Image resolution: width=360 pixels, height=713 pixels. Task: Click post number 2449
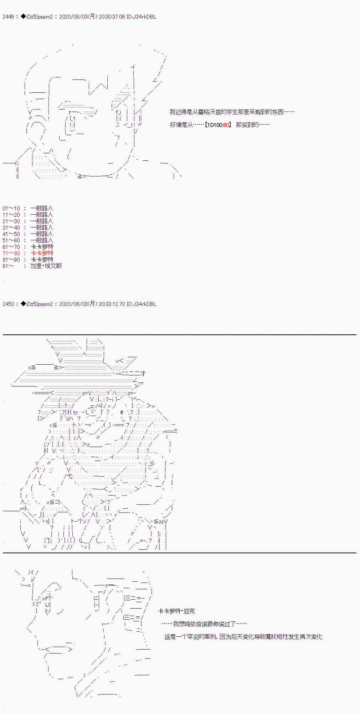point(8,17)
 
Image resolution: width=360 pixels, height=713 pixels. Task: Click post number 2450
point(8,304)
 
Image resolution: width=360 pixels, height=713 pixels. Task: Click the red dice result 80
point(226,125)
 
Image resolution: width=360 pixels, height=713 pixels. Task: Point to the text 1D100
point(216,125)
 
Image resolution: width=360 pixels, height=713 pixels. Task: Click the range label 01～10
point(11,208)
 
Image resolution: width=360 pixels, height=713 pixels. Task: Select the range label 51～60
point(11,240)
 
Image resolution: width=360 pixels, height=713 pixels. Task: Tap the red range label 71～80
point(11,253)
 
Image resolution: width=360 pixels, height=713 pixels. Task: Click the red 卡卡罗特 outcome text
point(42,253)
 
